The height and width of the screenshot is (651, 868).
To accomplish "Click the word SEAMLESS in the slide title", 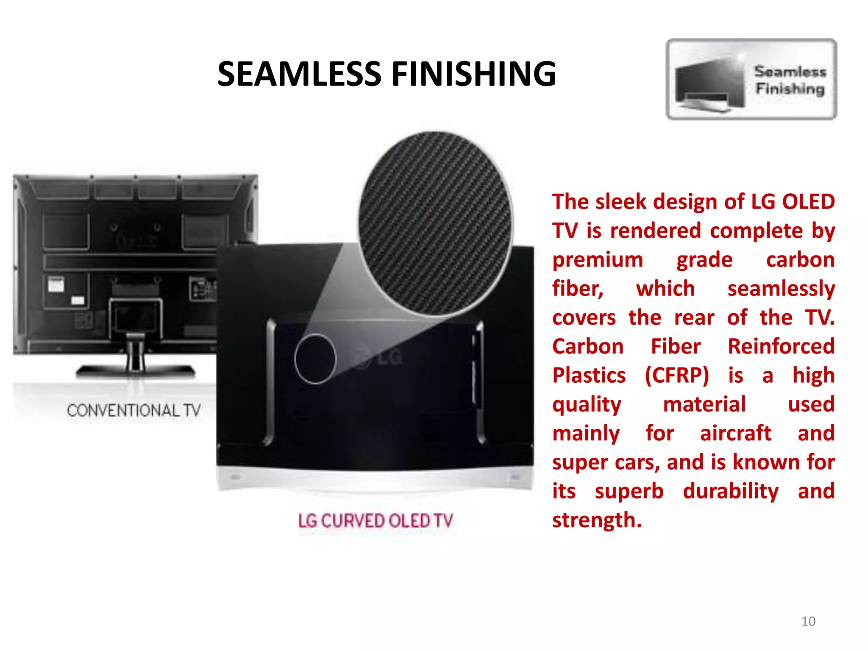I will click(300, 74).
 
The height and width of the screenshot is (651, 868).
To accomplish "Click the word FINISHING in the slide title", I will click(473, 74).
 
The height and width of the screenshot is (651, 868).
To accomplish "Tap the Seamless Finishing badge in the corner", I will click(751, 79).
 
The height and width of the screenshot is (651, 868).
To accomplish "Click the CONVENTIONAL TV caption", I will click(134, 410).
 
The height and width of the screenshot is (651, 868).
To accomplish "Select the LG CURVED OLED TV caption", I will click(376, 521).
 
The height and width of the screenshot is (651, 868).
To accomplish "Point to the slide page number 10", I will click(808, 621).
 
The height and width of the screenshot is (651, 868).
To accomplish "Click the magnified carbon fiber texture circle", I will click(435, 223).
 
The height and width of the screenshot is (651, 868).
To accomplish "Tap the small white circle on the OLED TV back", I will click(315, 359).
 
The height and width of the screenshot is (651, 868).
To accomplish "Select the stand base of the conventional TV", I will click(136, 372).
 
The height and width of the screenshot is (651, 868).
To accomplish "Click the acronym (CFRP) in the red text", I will click(677, 376).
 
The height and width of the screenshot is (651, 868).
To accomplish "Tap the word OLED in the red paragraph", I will click(808, 202).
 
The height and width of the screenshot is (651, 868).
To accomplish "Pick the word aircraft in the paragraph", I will click(735, 433).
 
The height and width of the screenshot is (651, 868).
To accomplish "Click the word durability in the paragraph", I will click(731, 491).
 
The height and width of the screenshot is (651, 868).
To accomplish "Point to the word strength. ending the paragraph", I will click(597, 520).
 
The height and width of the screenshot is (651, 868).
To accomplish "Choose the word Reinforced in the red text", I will click(781, 347).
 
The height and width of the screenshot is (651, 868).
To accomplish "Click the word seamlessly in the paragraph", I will click(781, 289).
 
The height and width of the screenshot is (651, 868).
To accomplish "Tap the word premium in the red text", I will click(597, 260).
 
